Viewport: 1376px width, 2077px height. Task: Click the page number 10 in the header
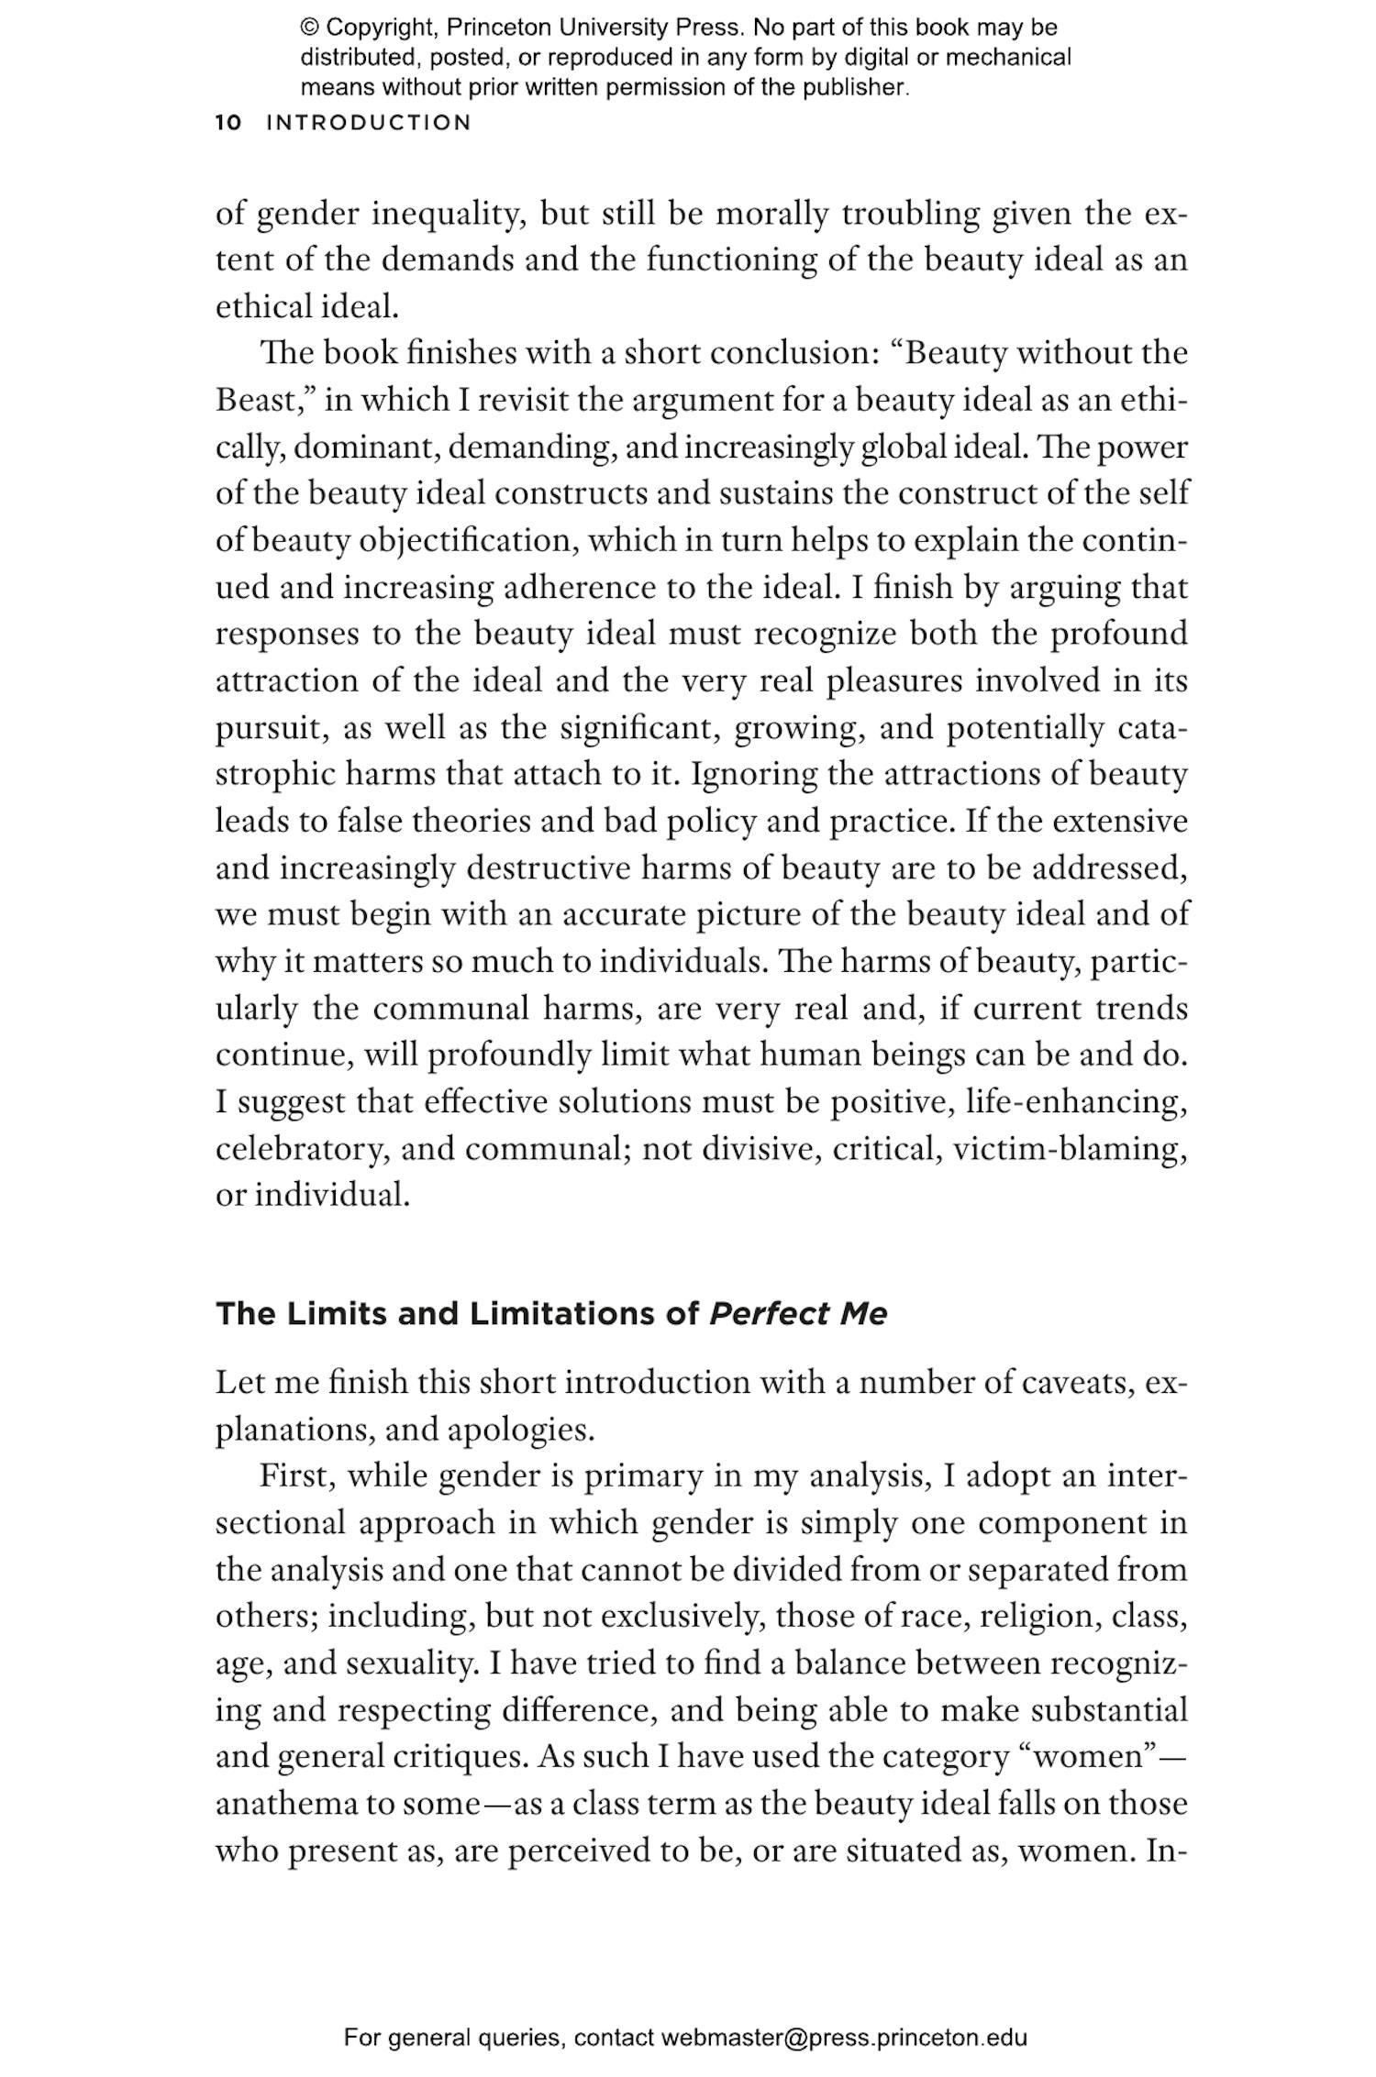[x=228, y=123]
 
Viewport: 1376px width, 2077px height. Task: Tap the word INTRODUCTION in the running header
[x=369, y=123]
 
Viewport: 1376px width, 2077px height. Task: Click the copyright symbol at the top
[x=309, y=28]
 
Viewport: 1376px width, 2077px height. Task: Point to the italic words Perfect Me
[x=798, y=1314]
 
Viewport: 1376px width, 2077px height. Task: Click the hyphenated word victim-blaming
[x=1070, y=1149]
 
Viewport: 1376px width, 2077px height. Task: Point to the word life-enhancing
[x=1076, y=1102]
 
